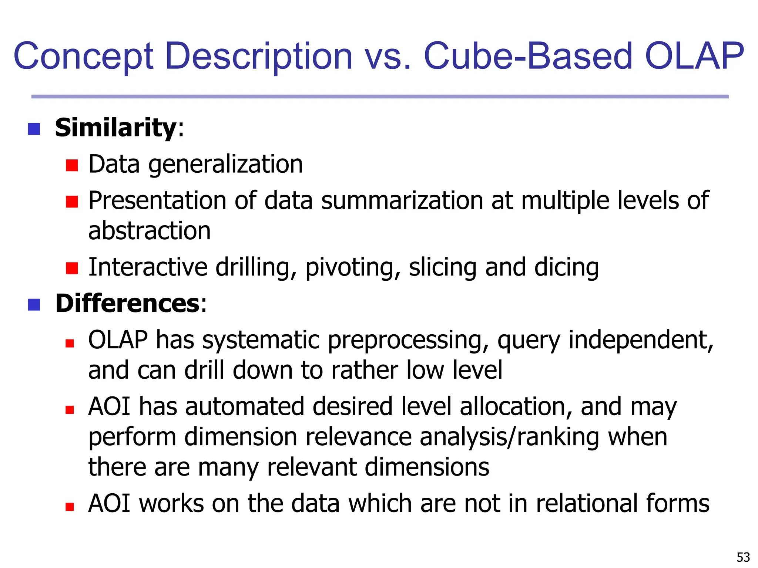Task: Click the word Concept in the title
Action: pos(83,57)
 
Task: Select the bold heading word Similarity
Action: pos(116,128)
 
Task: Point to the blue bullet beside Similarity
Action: pos(34,129)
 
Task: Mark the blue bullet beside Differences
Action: pos(34,305)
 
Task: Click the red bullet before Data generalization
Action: pos(72,165)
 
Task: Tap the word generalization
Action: pos(225,164)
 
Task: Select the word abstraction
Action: pos(150,231)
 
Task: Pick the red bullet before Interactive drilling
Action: pos(72,268)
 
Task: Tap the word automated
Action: pos(244,406)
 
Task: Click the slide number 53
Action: pos(743,557)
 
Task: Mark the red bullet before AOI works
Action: pos(70,507)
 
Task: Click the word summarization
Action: pos(402,201)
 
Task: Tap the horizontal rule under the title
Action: pos(380,97)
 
